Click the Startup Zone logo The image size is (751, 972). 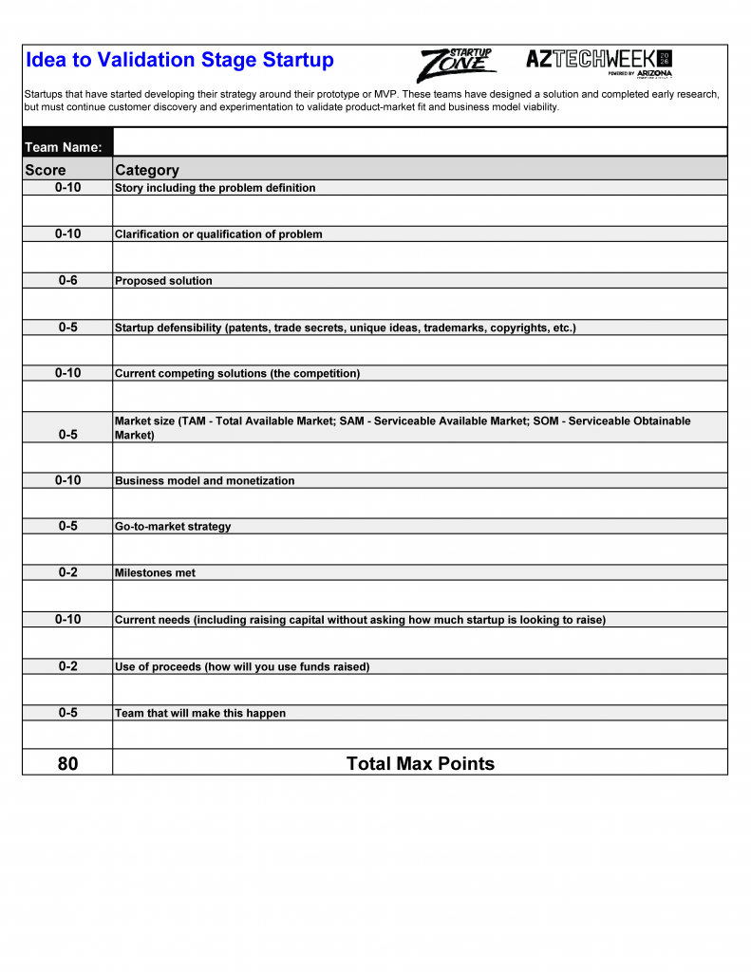click(456, 65)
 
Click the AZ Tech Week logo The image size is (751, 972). click(599, 62)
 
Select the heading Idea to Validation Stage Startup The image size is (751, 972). click(179, 61)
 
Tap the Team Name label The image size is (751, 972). click(64, 147)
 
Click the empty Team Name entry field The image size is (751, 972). click(420, 142)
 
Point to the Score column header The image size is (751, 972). click(46, 170)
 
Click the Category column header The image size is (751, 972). click(147, 170)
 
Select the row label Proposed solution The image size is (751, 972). click(163, 281)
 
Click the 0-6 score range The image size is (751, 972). click(67, 280)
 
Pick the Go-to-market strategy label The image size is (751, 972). click(173, 527)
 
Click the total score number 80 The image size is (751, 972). click(67, 763)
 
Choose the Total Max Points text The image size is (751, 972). click(420, 763)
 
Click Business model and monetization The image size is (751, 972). click(204, 481)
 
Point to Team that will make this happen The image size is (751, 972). click(200, 714)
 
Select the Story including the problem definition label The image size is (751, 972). click(215, 188)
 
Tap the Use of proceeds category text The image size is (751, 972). click(242, 667)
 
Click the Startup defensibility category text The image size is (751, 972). click(345, 328)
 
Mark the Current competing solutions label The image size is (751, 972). click(237, 374)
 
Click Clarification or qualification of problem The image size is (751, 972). click(218, 234)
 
